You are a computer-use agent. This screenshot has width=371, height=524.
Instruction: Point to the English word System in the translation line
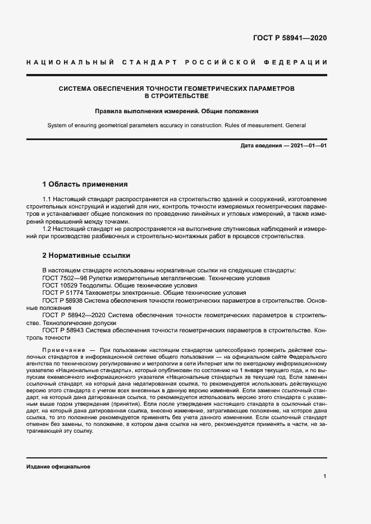[57, 126]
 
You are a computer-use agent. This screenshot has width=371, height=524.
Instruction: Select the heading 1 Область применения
[85, 184]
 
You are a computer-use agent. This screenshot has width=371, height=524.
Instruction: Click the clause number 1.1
[48, 200]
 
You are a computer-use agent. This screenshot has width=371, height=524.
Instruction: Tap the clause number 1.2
[48, 229]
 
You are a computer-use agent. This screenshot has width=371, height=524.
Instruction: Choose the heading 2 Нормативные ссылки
[86, 256]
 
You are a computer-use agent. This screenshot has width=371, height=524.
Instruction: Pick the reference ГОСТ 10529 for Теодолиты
[59, 285]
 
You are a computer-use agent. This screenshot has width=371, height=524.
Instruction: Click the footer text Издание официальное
[58, 467]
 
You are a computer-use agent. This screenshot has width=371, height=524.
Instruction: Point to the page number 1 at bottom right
[324, 476]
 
